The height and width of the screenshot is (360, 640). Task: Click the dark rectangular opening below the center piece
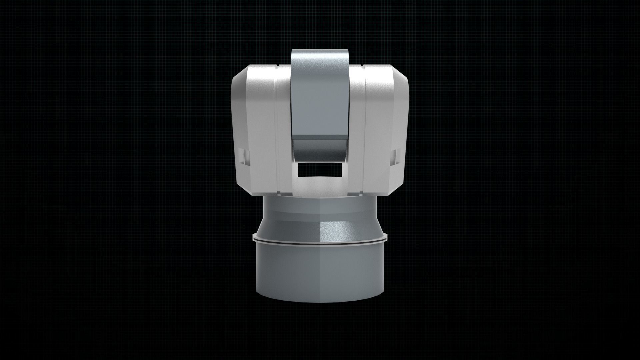(320, 170)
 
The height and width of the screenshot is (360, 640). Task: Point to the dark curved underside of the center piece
(320, 149)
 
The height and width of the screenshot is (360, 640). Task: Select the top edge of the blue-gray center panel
(320, 51)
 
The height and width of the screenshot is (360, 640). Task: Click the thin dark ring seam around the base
(320, 243)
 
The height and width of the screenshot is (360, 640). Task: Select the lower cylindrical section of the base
(320, 273)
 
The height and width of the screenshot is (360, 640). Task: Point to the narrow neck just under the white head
(320, 207)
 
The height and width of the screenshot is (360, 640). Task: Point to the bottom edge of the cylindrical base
(320, 302)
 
